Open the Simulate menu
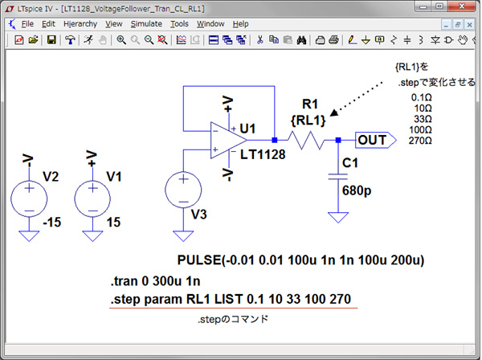click(x=146, y=24)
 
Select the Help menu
click(x=241, y=24)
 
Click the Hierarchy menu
click(x=80, y=24)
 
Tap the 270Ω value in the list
click(x=421, y=141)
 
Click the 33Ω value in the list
click(x=422, y=118)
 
